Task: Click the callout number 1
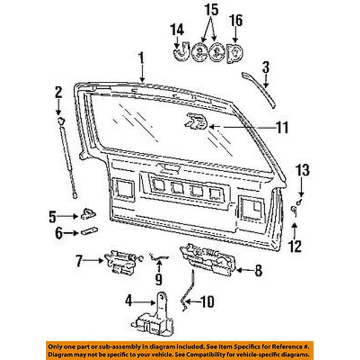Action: point(141,58)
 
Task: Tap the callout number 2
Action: point(58,91)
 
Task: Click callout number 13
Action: point(302,171)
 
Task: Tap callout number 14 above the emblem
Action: point(177,28)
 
